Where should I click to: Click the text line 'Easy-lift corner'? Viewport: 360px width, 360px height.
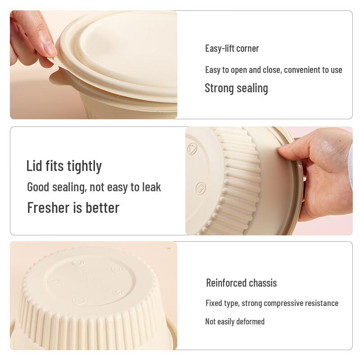(232, 48)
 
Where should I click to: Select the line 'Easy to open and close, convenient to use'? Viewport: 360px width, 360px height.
(274, 70)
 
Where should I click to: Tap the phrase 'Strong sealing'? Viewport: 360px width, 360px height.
(236, 88)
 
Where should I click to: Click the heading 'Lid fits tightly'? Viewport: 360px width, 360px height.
(64, 166)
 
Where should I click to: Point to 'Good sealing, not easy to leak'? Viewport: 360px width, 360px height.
(94, 187)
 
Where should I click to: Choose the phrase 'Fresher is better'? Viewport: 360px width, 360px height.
(73, 208)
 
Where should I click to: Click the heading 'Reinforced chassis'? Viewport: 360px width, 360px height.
(241, 283)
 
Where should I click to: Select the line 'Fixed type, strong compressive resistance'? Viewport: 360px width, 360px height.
(272, 303)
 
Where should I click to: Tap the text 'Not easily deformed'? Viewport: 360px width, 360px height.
(235, 321)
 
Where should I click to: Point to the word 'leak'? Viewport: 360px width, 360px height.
(151, 187)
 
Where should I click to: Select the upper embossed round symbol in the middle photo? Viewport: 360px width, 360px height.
(193, 148)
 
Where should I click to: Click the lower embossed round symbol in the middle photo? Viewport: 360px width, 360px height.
(201, 188)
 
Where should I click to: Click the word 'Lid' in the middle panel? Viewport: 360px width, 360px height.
(34, 166)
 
